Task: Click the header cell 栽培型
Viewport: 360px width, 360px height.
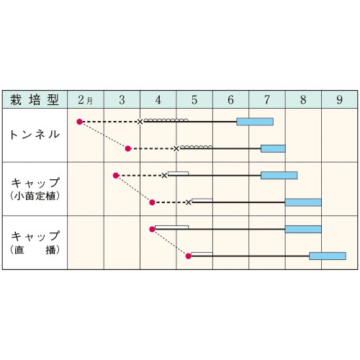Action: pyautogui.click(x=35, y=99)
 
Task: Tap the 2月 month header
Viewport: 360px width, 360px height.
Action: pyautogui.click(x=86, y=99)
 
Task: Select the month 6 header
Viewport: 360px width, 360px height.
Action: pyautogui.click(x=230, y=99)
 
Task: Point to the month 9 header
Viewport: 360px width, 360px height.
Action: pyautogui.click(x=339, y=99)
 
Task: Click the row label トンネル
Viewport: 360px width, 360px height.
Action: pyautogui.click(x=35, y=135)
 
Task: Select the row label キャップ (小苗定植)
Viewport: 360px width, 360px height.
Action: pyautogui.click(x=35, y=189)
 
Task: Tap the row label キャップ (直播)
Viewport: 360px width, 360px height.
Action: pyautogui.click(x=35, y=243)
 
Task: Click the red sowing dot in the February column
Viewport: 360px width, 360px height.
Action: pyautogui.click(x=79, y=122)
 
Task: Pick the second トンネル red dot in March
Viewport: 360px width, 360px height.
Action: pyautogui.click(x=128, y=148)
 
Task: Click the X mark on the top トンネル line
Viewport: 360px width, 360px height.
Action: pyautogui.click(x=140, y=122)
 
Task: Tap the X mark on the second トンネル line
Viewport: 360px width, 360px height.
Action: pyautogui.click(x=176, y=148)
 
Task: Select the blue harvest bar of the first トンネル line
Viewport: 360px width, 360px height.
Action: pyautogui.click(x=255, y=122)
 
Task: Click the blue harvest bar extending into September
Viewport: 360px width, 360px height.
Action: pyautogui.click(x=328, y=256)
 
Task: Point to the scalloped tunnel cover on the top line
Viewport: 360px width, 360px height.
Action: pyautogui.click(x=166, y=120)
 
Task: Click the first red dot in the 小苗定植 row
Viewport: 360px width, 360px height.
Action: pyautogui.click(x=116, y=176)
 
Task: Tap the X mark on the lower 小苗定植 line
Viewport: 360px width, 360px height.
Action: pyautogui.click(x=189, y=202)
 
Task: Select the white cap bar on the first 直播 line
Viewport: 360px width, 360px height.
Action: pyautogui.click(x=171, y=228)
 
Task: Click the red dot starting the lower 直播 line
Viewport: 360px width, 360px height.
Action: pyautogui.click(x=189, y=256)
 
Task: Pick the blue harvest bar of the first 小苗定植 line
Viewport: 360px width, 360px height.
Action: pyautogui.click(x=279, y=176)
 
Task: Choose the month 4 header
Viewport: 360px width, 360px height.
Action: pyautogui.click(x=158, y=99)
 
